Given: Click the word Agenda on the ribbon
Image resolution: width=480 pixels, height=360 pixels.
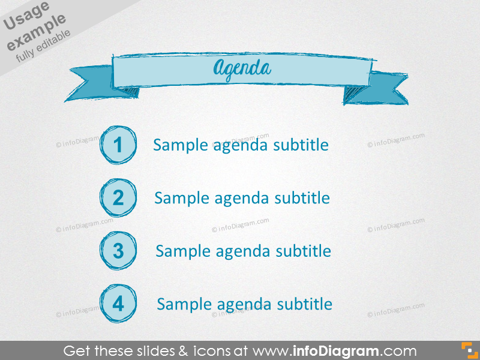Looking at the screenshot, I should [241, 69].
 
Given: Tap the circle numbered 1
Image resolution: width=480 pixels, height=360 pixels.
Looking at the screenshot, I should [118, 145].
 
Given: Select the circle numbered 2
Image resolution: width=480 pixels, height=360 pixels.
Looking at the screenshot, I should [118, 197].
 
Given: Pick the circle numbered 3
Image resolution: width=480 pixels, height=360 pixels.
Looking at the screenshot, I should [118, 250].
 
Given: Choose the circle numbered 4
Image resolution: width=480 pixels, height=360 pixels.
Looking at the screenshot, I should [118, 304].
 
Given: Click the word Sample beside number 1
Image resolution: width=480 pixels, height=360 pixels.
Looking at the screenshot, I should [177, 145].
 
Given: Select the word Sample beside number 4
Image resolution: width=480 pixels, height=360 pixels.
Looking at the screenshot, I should [181, 304].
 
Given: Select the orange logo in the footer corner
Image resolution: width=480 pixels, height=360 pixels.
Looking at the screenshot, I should [468, 350].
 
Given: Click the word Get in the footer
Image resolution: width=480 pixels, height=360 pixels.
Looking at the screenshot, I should [76, 351].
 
